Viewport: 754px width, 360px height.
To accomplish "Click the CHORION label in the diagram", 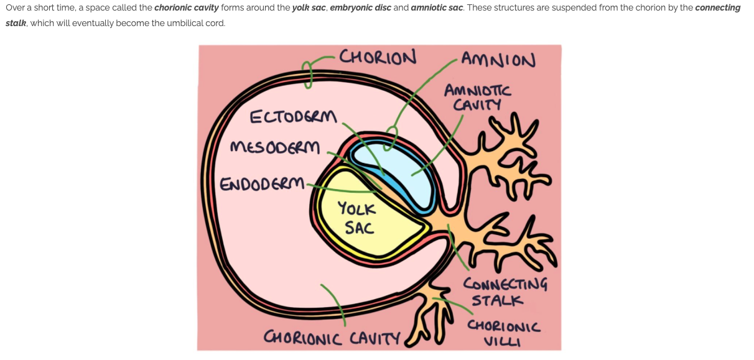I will click(378, 57).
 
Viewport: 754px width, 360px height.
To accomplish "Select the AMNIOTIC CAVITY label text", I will click(477, 98).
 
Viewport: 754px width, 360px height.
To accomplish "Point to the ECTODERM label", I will click(293, 118).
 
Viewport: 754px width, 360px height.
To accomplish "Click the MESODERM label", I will click(275, 148).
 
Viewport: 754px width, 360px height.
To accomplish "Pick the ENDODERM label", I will click(263, 184).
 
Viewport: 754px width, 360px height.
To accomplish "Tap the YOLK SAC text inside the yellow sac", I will click(356, 218).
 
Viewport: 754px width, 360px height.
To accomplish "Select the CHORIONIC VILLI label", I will click(504, 333).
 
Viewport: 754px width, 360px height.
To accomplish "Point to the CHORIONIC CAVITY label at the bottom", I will click(332, 338).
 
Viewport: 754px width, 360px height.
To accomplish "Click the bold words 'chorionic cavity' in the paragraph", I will click(186, 8).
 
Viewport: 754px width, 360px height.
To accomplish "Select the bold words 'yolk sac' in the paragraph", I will click(309, 8).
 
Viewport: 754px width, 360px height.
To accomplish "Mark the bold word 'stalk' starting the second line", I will click(16, 23).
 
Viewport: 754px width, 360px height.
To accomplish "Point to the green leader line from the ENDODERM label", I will click(342, 189).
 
